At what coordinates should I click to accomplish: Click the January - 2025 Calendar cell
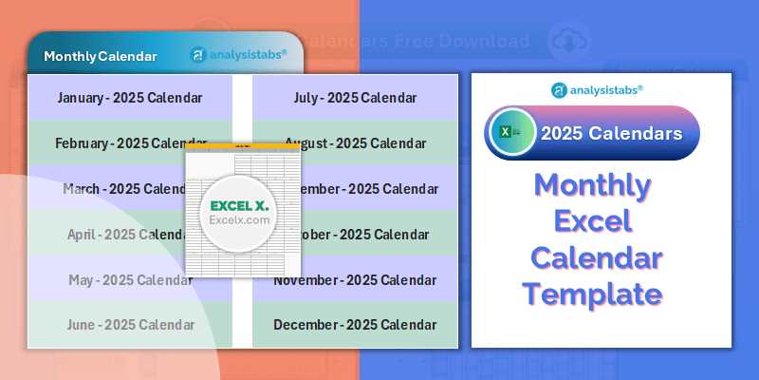click(x=129, y=98)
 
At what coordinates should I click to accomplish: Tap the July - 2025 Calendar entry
click(x=355, y=98)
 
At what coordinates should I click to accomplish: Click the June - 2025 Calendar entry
click(x=130, y=325)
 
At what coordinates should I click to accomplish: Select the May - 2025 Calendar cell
click(x=130, y=280)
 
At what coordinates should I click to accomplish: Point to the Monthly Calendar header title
click(x=101, y=56)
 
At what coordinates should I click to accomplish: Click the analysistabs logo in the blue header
click(x=238, y=55)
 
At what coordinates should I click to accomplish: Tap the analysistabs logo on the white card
click(x=597, y=89)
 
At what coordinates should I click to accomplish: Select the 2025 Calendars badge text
click(x=611, y=133)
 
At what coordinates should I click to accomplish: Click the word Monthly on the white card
click(x=592, y=185)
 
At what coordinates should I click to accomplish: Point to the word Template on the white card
click(x=592, y=294)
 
